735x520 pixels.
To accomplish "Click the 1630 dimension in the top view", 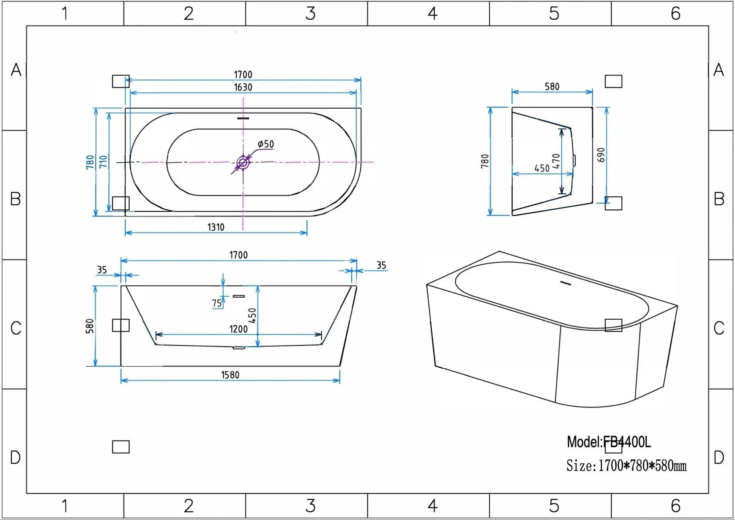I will tap(243, 88).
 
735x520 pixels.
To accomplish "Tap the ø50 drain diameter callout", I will tap(266, 144).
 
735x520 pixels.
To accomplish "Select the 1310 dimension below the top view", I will tap(216, 227).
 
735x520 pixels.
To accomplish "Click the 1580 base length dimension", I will tap(230, 375).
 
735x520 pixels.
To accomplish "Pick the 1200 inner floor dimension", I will tap(239, 329).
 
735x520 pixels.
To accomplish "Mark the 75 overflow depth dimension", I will tap(217, 303).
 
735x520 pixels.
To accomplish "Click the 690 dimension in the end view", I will tap(601, 155).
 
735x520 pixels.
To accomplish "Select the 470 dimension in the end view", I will tap(556, 161).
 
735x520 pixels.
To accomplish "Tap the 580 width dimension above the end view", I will tap(552, 87).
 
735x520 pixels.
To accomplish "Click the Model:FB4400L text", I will tap(609, 442).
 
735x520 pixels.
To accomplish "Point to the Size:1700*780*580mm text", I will tap(626, 466).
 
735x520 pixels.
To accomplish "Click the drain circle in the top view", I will tap(243, 163).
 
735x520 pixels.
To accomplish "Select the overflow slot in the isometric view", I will tap(565, 283).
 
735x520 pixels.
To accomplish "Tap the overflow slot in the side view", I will tap(239, 296).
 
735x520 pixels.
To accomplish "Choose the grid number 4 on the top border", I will tap(432, 14).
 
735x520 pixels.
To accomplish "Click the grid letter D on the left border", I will tap(15, 458).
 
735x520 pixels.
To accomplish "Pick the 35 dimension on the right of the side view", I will tap(381, 266).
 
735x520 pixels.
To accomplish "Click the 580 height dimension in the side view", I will tap(90, 326).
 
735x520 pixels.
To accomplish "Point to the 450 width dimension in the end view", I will tap(542, 168).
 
